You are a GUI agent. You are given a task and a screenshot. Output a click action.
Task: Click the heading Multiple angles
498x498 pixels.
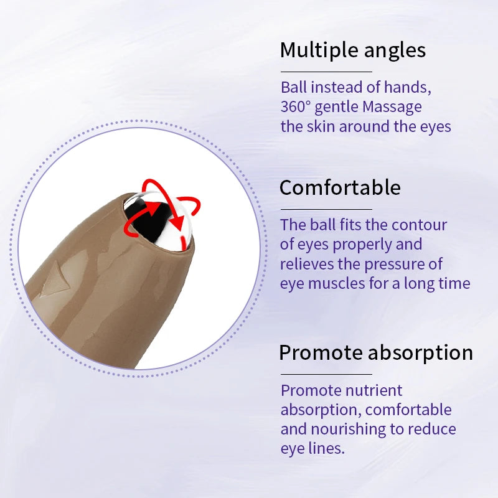click(x=353, y=50)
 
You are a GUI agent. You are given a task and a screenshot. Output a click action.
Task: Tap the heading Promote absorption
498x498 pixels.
click(x=375, y=353)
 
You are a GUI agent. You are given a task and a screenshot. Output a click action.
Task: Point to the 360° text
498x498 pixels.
click(x=295, y=107)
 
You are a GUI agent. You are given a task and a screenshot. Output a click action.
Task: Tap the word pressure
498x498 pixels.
click(x=403, y=263)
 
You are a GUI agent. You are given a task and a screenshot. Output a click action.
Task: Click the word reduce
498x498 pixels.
click(x=434, y=429)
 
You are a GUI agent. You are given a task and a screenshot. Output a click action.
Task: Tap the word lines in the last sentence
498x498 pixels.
click(x=326, y=448)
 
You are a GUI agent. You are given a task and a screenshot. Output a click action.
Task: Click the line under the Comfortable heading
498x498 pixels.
click(x=326, y=209)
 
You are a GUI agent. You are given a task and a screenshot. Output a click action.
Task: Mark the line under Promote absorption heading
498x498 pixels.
click(x=326, y=374)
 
